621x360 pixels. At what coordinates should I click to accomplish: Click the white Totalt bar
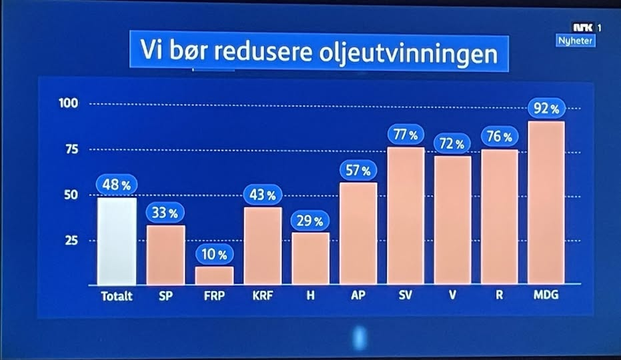(117, 241)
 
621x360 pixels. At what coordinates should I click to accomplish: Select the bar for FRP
(215, 275)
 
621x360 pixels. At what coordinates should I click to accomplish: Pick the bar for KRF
(263, 245)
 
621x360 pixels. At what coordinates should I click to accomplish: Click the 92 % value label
(546, 108)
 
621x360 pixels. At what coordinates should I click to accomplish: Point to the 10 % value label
(215, 254)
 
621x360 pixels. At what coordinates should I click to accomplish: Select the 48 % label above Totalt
(116, 185)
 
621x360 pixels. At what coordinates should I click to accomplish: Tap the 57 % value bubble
(358, 171)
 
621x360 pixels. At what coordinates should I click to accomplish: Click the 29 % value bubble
(309, 221)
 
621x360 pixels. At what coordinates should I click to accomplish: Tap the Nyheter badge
(576, 41)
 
